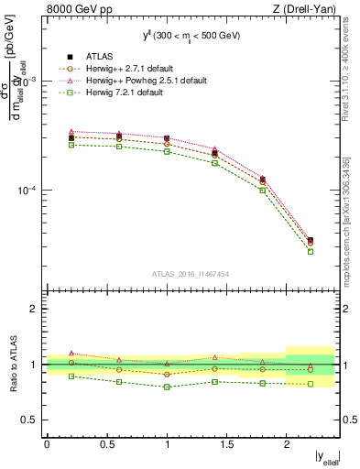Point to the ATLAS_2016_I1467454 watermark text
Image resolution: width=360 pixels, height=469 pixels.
coord(190,273)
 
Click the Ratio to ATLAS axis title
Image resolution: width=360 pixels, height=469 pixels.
coord(13,365)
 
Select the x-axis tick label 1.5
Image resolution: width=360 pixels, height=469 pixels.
coord(226,444)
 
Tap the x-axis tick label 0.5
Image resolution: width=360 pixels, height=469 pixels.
coord(106,444)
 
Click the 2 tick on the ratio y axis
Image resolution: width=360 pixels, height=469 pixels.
coord(35,310)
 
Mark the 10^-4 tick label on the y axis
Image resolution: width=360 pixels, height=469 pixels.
coord(24,191)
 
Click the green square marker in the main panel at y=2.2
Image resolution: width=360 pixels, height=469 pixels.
coord(310,251)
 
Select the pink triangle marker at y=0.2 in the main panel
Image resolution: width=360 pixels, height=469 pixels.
coord(71,132)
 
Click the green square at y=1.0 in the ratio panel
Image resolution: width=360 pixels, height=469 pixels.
coord(167,387)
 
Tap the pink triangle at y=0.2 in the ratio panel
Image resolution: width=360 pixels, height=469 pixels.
coord(71,353)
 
